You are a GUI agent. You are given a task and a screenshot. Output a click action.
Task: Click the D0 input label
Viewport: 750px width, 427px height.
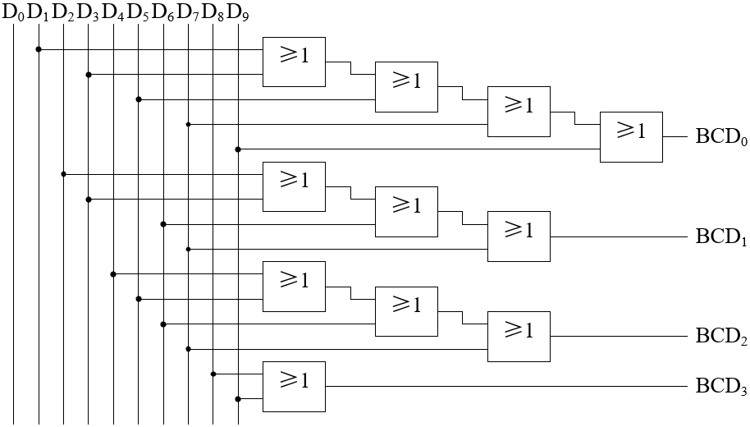[x=14, y=13]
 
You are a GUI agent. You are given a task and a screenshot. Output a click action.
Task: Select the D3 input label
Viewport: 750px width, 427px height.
[x=89, y=13]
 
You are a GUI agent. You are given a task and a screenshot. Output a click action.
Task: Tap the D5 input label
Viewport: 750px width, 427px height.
[x=139, y=13]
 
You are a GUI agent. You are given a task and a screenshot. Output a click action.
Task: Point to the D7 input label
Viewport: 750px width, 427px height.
[x=189, y=13]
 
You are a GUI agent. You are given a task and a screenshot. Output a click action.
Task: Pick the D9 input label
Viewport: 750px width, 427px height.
[x=238, y=13]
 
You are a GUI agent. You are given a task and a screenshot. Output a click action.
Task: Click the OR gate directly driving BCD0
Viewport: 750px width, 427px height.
[x=631, y=136]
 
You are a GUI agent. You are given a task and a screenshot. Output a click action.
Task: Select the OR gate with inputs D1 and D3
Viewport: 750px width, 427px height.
[x=294, y=62]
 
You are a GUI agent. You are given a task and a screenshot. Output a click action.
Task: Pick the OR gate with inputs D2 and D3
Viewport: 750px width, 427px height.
[x=294, y=186]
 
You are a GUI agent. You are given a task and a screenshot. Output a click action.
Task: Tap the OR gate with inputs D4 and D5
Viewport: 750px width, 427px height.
[x=294, y=286]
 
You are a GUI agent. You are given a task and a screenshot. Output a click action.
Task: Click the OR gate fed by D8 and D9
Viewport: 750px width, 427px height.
[x=294, y=386]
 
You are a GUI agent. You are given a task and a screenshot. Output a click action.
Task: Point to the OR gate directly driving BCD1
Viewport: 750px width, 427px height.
[x=519, y=236]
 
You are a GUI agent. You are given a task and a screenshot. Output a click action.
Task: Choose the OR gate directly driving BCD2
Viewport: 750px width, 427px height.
[x=519, y=336]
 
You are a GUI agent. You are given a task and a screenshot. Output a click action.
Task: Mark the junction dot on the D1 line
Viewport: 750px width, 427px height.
[x=39, y=49]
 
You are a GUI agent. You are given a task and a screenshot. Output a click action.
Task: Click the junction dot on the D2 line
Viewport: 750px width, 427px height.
[x=64, y=174]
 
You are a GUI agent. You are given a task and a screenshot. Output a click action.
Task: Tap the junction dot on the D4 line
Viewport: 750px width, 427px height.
[x=113, y=273]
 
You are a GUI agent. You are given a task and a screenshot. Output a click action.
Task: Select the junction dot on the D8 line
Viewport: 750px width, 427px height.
[x=213, y=374]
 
